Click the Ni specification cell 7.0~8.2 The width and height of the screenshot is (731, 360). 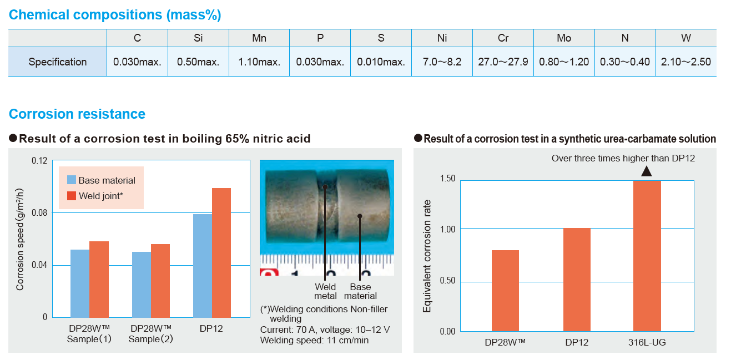tap(442, 62)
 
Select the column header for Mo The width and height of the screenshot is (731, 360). tap(564, 38)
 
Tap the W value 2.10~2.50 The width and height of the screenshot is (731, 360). tap(686, 62)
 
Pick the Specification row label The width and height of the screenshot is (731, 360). tap(58, 62)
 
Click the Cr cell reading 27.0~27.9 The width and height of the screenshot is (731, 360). tap(503, 62)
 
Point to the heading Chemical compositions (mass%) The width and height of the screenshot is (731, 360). tap(115, 15)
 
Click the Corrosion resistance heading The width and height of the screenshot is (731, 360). tap(77, 114)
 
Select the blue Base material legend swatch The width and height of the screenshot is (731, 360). tap(71, 180)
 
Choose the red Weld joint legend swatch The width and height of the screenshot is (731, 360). tap(71, 195)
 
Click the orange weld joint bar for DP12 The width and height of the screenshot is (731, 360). tap(221, 252)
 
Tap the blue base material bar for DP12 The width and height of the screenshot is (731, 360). tap(202, 265)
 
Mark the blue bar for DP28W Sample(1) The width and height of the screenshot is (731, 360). tap(80, 283)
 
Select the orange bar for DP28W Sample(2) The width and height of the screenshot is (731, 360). tap(160, 280)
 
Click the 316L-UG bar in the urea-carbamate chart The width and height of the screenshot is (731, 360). tap(647, 255)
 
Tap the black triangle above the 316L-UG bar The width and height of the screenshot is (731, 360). tap(646, 171)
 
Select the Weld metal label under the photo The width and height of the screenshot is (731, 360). tap(325, 291)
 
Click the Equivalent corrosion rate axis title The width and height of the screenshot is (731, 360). tap(427, 258)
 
